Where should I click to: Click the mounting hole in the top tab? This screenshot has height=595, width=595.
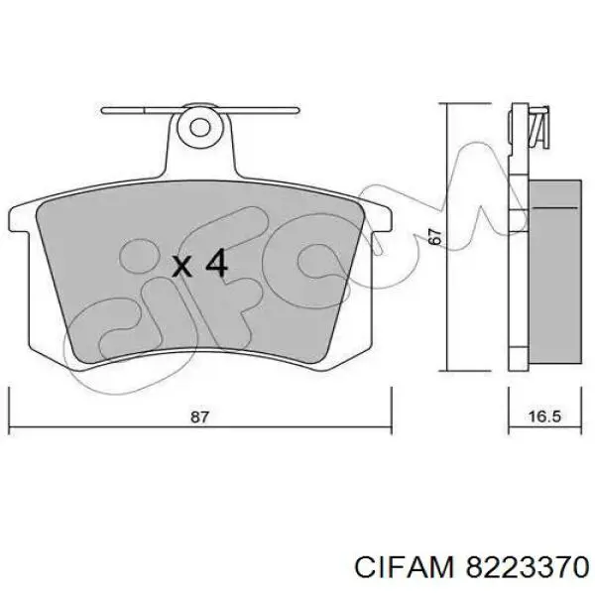(x=202, y=126)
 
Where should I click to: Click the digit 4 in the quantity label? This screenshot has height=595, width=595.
(x=216, y=264)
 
